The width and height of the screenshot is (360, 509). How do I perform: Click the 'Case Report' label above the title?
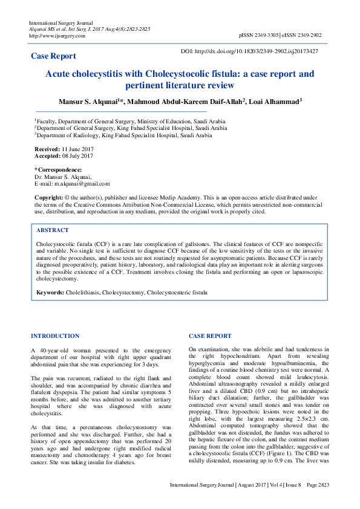[54, 56]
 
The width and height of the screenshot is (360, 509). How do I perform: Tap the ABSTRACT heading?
[53, 230]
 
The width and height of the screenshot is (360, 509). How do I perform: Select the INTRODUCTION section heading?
[55, 336]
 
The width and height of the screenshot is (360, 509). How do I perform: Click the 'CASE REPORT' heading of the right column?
[210, 336]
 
